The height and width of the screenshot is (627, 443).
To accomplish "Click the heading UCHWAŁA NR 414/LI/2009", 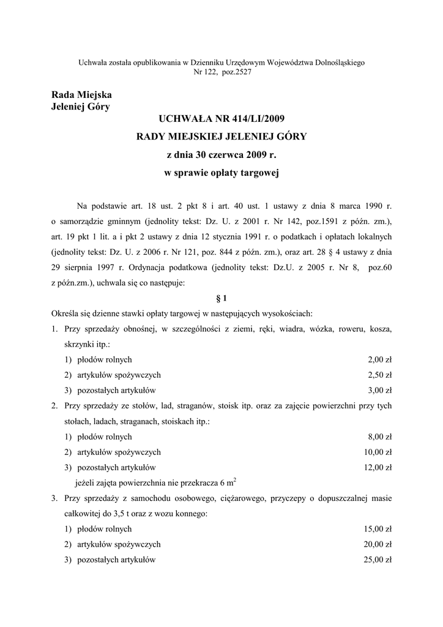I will [x=221, y=117].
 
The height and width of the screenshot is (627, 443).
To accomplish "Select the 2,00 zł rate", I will [x=379, y=359].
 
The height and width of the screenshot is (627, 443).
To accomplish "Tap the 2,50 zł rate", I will [x=379, y=375].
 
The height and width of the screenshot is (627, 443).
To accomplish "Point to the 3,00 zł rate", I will [x=379, y=390].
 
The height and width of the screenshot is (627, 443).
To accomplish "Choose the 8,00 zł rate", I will [x=379, y=437].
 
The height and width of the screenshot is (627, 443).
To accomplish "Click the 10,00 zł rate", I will [x=378, y=452].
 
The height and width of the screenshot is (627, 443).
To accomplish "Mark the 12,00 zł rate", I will [x=378, y=467].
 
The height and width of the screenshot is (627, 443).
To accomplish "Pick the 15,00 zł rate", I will [x=378, y=529].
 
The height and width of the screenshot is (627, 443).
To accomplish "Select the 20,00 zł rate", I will [x=378, y=544].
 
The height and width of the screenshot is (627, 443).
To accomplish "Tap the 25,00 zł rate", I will [x=378, y=560].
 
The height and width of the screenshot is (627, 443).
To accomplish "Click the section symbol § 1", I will [x=221, y=298].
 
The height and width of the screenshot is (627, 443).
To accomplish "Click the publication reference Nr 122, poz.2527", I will [x=221, y=72].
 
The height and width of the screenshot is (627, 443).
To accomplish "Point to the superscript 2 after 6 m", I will [x=236, y=479].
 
